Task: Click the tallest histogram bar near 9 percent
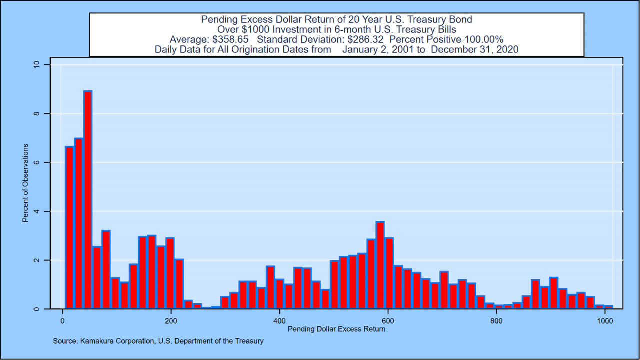tap(88, 200)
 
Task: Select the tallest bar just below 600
tap(380, 265)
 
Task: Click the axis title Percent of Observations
tap(25, 183)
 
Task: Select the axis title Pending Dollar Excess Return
tap(336, 329)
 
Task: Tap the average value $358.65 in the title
tap(233, 39)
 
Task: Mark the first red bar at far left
tap(69, 228)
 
